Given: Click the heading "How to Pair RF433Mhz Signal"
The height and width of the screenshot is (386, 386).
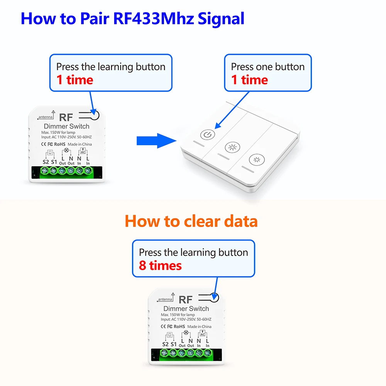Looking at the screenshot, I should pyautogui.click(x=132, y=19).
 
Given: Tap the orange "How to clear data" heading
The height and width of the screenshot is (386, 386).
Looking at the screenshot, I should pyautogui.click(x=191, y=221).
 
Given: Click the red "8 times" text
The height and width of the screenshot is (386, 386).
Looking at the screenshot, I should pyautogui.click(x=160, y=266).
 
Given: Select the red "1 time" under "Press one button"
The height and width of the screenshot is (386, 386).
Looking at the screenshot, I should pyautogui.click(x=249, y=80).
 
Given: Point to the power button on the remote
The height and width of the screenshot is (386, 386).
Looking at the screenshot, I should pyautogui.click(x=207, y=135).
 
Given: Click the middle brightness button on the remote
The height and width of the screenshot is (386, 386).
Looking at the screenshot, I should pyautogui.click(x=232, y=147).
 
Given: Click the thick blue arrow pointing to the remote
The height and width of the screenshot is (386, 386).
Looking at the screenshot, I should pyautogui.click(x=152, y=141).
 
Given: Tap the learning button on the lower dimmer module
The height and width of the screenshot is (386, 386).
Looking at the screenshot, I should pyautogui.click(x=214, y=298).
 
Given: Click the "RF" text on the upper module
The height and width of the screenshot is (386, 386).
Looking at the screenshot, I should pyautogui.click(x=66, y=118).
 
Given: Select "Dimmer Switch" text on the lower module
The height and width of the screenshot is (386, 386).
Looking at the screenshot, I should pyautogui.click(x=186, y=309).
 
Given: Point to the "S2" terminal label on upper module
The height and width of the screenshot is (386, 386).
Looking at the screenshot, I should pyautogui.click(x=46, y=162).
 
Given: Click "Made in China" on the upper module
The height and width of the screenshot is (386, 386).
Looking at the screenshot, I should pyautogui.click(x=82, y=144).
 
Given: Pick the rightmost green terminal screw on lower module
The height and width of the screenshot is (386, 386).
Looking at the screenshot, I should pyautogui.click(x=208, y=353).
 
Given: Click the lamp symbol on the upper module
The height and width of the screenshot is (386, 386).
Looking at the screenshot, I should pyautogui.click(x=66, y=150).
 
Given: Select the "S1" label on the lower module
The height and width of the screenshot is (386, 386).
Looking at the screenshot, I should pyautogui.click(x=173, y=344).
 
